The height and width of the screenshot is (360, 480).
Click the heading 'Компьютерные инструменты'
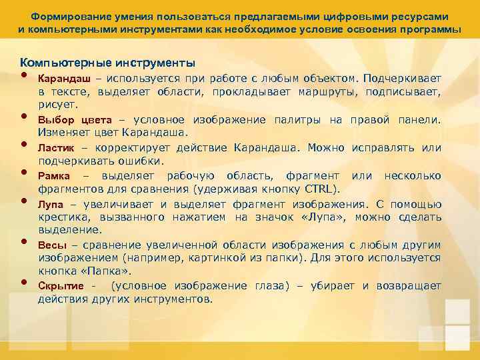[x=107, y=63]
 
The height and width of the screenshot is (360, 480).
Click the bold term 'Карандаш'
[x=62, y=79]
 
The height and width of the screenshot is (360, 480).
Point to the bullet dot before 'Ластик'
[x=24, y=143]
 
